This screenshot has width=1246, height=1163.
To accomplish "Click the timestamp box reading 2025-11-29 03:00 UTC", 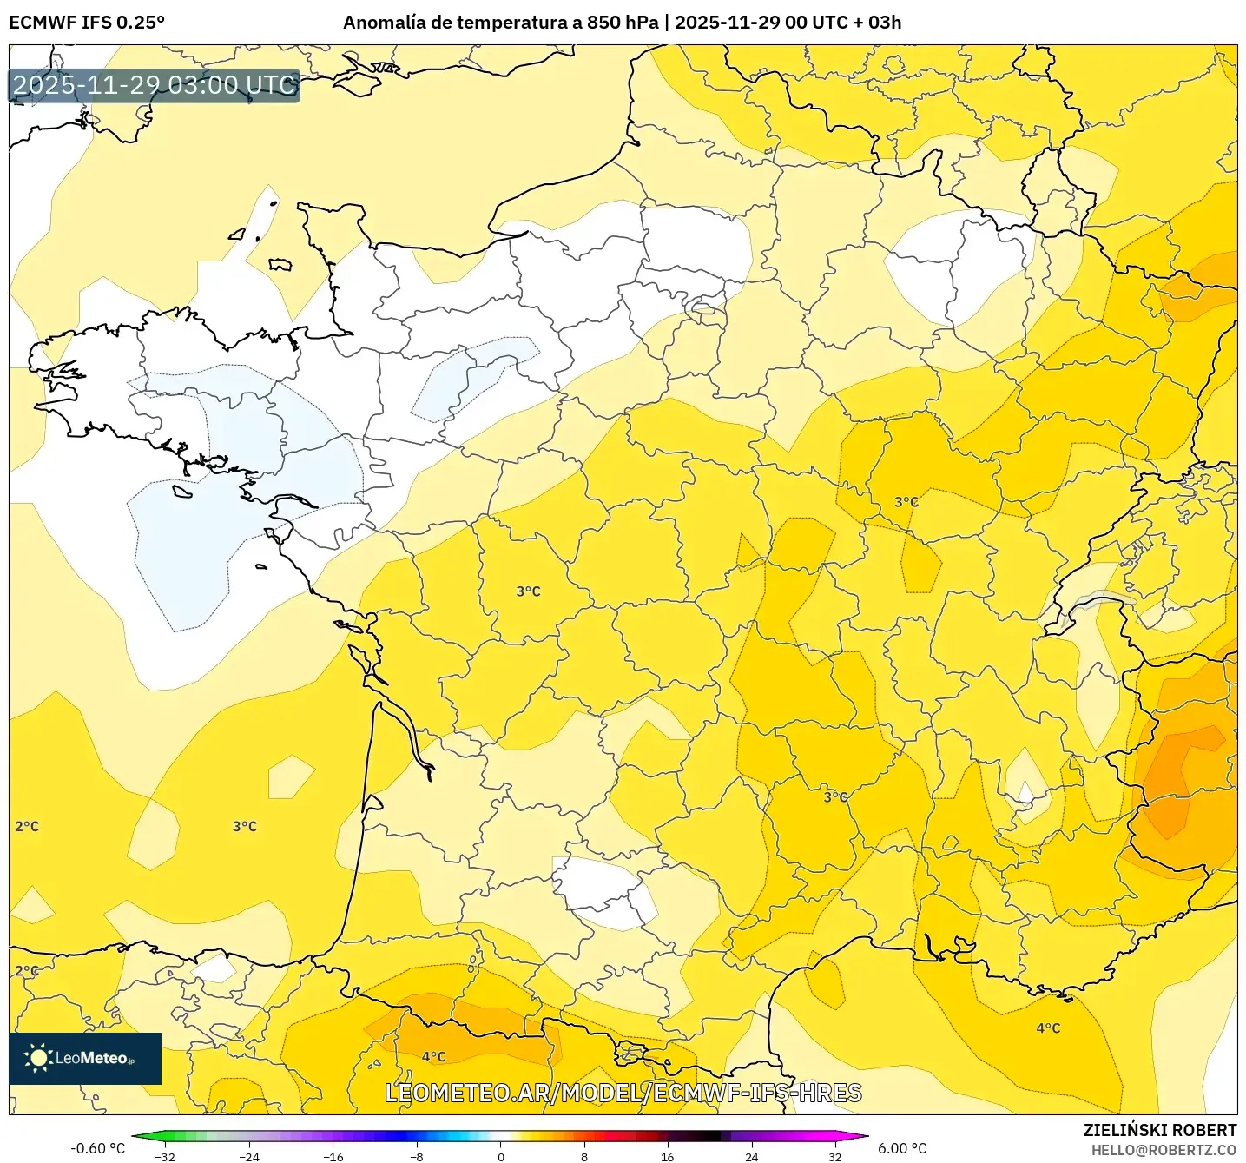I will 155,85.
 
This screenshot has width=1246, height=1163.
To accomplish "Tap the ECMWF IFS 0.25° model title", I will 87,23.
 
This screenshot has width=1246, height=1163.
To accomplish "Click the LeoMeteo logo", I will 85,1058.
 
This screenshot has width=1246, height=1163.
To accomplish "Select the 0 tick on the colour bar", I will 501,1156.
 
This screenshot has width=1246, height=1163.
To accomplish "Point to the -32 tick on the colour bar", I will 165,1156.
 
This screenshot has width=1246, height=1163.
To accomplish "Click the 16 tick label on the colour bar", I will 667,1156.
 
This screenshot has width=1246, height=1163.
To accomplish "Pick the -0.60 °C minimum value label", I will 97,1148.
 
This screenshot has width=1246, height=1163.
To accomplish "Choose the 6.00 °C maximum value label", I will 902,1148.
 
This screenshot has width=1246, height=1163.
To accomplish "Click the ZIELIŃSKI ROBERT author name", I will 1159,1130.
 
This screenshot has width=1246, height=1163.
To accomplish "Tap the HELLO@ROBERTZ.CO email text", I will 1164,1150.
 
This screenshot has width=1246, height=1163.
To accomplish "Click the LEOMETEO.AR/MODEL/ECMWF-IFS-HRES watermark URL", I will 623,1093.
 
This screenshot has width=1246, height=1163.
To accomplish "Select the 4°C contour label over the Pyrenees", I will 433,1056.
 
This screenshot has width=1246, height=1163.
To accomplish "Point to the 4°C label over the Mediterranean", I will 1048,1028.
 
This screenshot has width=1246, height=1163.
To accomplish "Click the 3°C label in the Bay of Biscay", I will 245,826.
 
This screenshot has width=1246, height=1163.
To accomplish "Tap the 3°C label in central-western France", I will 528,591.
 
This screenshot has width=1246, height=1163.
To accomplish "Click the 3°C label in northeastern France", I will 906,502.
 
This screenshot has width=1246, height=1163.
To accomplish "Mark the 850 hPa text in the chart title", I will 622,23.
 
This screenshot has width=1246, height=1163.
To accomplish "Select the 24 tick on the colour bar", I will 751,1156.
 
